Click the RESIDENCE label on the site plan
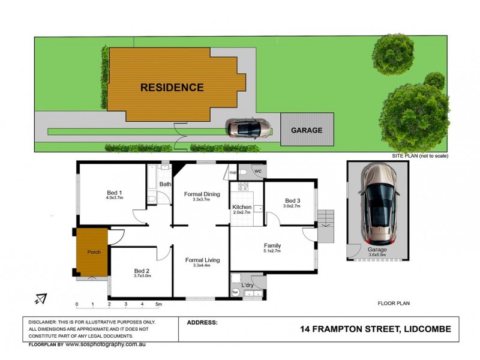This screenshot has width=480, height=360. click(x=172, y=87)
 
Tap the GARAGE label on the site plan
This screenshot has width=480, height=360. click(x=307, y=130)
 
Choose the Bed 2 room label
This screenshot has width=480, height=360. click(x=142, y=270)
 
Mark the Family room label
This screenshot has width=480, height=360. click(x=272, y=245)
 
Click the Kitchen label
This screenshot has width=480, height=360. click(x=242, y=207)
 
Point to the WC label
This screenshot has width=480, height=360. click(x=258, y=172)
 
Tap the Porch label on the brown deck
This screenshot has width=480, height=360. click(x=94, y=251)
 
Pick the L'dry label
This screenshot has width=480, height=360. click(x=247, y=284)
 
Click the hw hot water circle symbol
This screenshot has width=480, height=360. click(x=236, y=292)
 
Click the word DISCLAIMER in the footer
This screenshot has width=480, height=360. click(x=48, y=322)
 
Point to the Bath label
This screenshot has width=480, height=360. click(x=165, y=184)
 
